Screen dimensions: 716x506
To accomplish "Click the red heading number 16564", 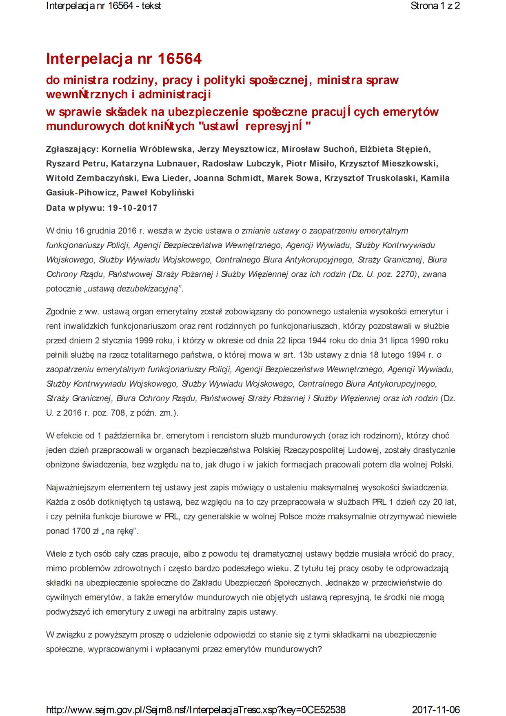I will tap(179, 59).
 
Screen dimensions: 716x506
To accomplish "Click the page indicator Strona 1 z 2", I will tap(435, 6).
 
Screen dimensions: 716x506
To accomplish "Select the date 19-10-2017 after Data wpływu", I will tap(133, 208).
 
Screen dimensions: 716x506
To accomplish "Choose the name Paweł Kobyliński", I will tap(158, 193).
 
